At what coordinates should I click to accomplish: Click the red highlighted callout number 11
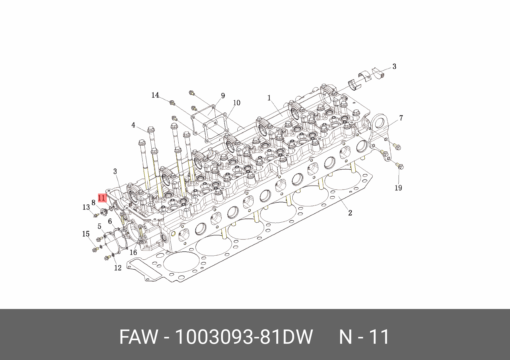click(x=102, y=198)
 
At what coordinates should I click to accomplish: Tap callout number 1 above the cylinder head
click(x=269, y=98)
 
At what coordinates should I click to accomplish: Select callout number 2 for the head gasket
click(x=350, y=213)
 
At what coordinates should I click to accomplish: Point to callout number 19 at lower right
click(x=398, y=188)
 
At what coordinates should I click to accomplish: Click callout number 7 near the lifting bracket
click(x=401, y=118)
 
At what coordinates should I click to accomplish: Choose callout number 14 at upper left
click(x=155, y=95)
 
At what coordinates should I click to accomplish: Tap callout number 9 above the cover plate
click(x=223, y=96)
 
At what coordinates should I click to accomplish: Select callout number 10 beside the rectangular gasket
click(x=237, y=103)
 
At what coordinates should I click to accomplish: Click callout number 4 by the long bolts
click(x=133, y=125)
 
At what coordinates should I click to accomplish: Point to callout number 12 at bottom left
click(x=118, y=268)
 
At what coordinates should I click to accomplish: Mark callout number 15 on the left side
click(x=86, y=234)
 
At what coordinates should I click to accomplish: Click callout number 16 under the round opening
click(x=133, y=252)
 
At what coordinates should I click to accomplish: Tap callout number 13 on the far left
click(x=86, y=207)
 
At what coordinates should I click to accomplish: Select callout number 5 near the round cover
click(x=99, y=226)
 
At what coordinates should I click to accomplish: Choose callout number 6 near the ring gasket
click(x=110, y=221)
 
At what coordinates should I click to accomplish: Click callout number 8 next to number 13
click(x=93, y=203)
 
